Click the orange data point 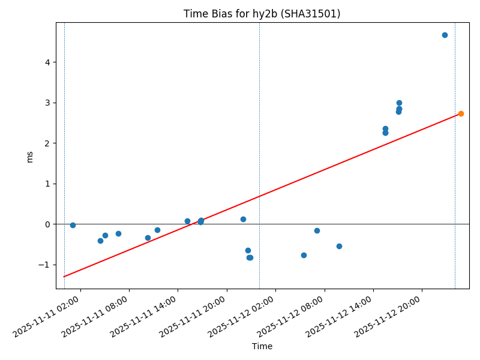click(x=461, y=113)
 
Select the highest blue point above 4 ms click(x=445, y=35)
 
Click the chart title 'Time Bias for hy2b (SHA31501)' click(x=262, y=14)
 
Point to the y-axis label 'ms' click(x=30, y=157)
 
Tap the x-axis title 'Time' click(x=262, y=346)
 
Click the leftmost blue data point click(x=73, y=225)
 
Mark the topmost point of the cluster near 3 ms click(x=399, y=103)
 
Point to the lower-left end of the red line click(x=64, y=277)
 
